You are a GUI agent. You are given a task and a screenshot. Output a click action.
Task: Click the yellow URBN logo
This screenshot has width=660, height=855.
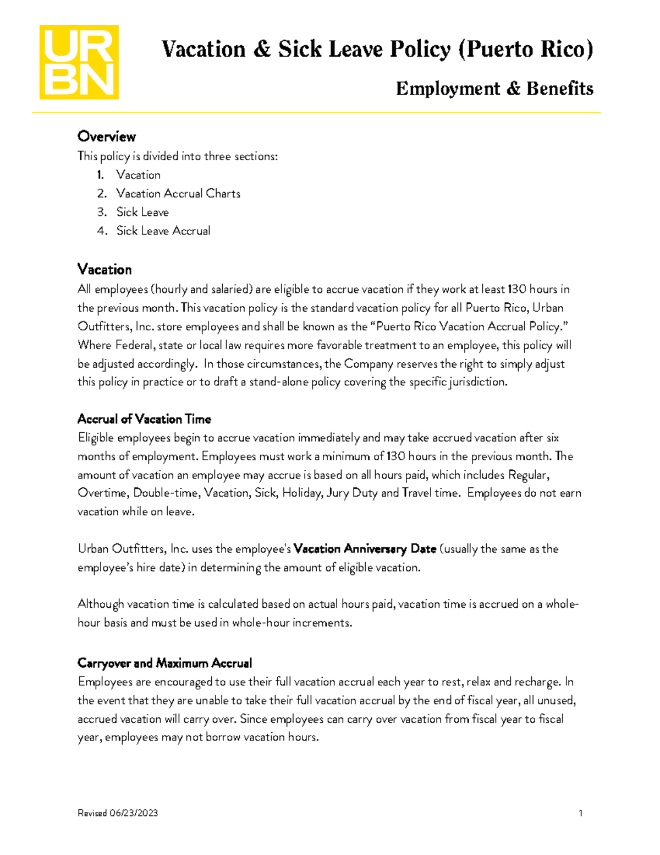click(x=79, y=62)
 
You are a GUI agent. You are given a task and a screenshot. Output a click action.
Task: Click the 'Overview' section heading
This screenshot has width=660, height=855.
click(x=106, y=137)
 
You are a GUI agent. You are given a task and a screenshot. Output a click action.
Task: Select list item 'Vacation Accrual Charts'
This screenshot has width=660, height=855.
click(x=178, y=194)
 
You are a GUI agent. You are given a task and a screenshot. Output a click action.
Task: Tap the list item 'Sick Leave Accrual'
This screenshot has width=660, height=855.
click(x=163, y=231)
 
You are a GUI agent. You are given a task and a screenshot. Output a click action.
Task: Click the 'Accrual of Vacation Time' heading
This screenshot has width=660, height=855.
click(x=144, y=420)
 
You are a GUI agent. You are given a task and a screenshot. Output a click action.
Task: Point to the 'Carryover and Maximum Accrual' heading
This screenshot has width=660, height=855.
click(x=164, y=663)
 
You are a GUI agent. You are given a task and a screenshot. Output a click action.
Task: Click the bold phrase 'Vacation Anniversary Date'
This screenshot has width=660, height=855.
click(x=365, y=549)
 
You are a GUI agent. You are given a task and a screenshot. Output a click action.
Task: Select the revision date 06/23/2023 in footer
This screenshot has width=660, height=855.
click(x=134, y=813)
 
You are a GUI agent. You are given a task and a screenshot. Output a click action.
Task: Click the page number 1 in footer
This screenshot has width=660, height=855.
click(x=581, y=813)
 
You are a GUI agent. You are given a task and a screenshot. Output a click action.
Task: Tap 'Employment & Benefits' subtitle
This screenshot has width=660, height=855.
click(x=494, y=89)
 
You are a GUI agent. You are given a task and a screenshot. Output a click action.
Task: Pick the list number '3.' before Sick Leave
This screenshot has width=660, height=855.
click(x=102, y=213)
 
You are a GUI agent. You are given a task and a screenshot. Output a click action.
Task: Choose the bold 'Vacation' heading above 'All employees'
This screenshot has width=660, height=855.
click(x=105, y=270)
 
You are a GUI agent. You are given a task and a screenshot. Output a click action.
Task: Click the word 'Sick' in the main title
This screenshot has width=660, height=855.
click(x=299, y=50)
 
